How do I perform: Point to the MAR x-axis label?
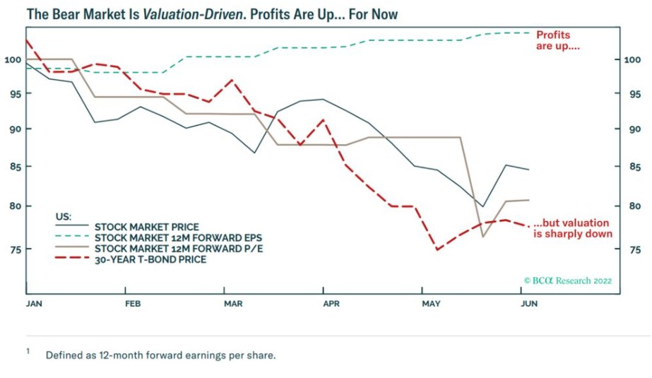233,304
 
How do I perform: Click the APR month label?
332,304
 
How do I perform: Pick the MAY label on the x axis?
431,304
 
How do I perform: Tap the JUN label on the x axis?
529,304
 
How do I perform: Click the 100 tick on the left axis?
12,59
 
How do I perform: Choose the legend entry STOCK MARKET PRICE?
146,227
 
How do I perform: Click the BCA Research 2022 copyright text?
568,280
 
